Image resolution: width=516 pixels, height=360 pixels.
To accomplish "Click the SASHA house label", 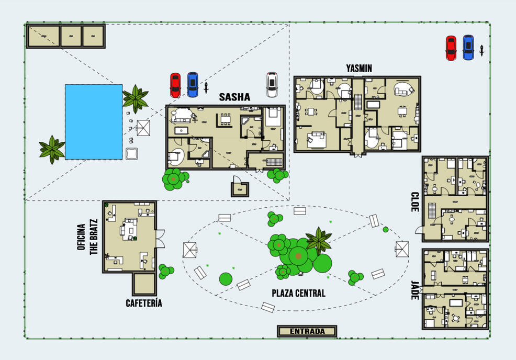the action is click(x=234, y=97).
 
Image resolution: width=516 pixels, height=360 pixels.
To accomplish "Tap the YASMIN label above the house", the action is click(x=359, y=69).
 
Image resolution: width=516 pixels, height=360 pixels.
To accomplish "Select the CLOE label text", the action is click(x=415, y=202).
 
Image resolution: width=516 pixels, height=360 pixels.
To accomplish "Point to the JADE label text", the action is click(x=415, y=290).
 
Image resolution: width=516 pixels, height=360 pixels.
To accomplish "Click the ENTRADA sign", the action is click(x=307, y=331).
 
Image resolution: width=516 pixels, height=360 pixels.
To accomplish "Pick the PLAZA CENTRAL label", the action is click(x=298, y=293).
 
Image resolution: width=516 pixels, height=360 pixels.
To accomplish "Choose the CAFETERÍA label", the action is click(x=144, y=303).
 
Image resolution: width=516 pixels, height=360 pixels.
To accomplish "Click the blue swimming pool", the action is click(x=94, y=122).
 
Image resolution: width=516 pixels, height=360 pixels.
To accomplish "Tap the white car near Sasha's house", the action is click(x=272, y=85).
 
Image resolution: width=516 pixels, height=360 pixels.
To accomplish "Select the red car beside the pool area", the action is click(x=175, y=85).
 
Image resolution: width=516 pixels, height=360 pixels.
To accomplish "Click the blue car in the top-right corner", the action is click(x=468, y=48).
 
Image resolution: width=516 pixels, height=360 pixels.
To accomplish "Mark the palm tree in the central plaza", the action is click(x=319, y=241).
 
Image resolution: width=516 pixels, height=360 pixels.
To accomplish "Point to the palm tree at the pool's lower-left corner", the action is click(x=52, y=150).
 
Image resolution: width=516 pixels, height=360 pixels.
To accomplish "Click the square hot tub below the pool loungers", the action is click(x=132, y=154).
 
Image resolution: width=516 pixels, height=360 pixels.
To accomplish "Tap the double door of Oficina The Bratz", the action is click(x=160, y=239).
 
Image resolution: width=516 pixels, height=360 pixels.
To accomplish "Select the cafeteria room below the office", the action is click(x=144, y=284).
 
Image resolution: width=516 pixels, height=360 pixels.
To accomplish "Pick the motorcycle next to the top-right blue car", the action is click(x=482, y=50).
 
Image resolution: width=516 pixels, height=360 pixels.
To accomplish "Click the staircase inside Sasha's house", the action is click(x=274, y=162).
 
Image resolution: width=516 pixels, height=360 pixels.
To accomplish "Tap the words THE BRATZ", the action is click(x=94, y=237).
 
